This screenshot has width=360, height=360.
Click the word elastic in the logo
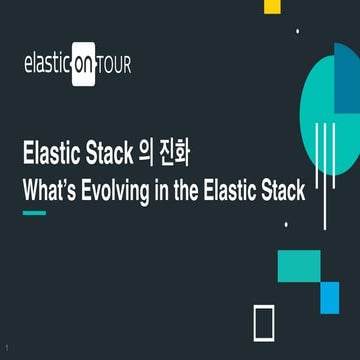pos(47,66)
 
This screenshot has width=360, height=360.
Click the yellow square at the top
pos(270,6)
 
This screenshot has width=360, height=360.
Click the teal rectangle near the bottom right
pos(297,265)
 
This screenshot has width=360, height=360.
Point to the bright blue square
pos(329,296)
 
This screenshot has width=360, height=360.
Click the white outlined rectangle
pos(264,323)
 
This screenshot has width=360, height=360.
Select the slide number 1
pos(6,347)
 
